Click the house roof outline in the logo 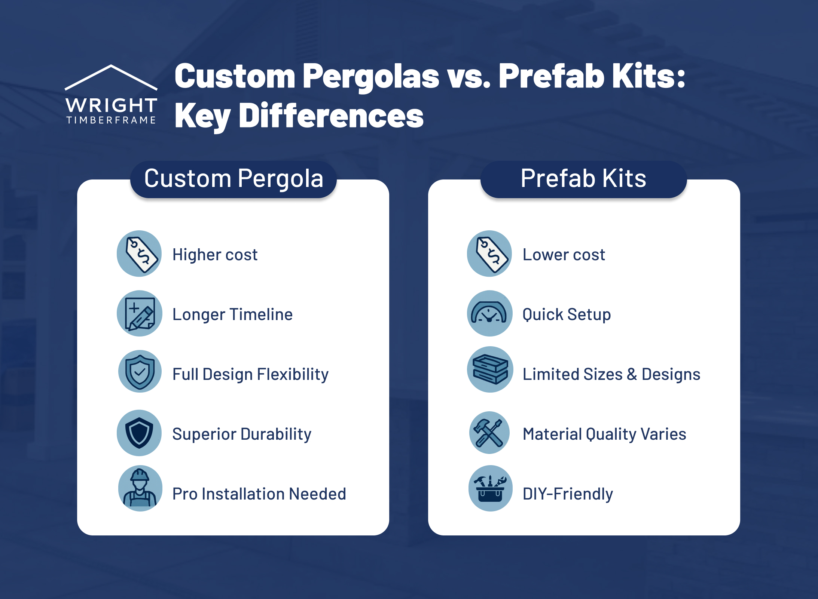click(x=111, y=76)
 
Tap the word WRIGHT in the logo click(x=111, y=105)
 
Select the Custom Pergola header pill click(x=234, y=179)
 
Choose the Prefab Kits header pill click(x=583, y=179)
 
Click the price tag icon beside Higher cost click(x=139, y=254)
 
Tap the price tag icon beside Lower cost click(x=489, y=254)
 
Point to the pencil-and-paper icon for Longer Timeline click(x=139, y=313)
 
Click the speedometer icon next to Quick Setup click(x=489, y=313)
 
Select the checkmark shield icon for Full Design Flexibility click(x=139, y=372)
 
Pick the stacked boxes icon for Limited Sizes click(x=489, y=369)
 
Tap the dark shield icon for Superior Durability click(x=139, y=433)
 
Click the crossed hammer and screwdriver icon click(x=489, y=433)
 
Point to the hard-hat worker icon click(x=140, y=488)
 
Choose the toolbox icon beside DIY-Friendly click(x=490, y=488)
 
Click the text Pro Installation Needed click(x=259, y=494)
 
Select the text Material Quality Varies click(x=604, y=434)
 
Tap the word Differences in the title click(x=331, y=116)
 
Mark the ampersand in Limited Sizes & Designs click(x=632, y=374)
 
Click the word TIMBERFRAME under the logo click(x=111, y=120)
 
